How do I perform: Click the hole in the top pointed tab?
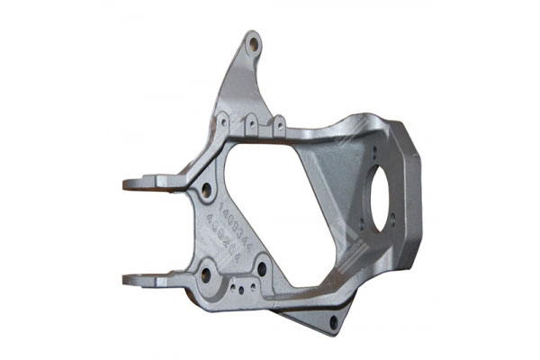coord(253,42)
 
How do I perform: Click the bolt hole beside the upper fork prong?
coord(207,191)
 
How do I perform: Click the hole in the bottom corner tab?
coord(335,321)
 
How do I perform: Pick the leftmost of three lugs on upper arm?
coord(222,118)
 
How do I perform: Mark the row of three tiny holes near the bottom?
coord(241,287)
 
